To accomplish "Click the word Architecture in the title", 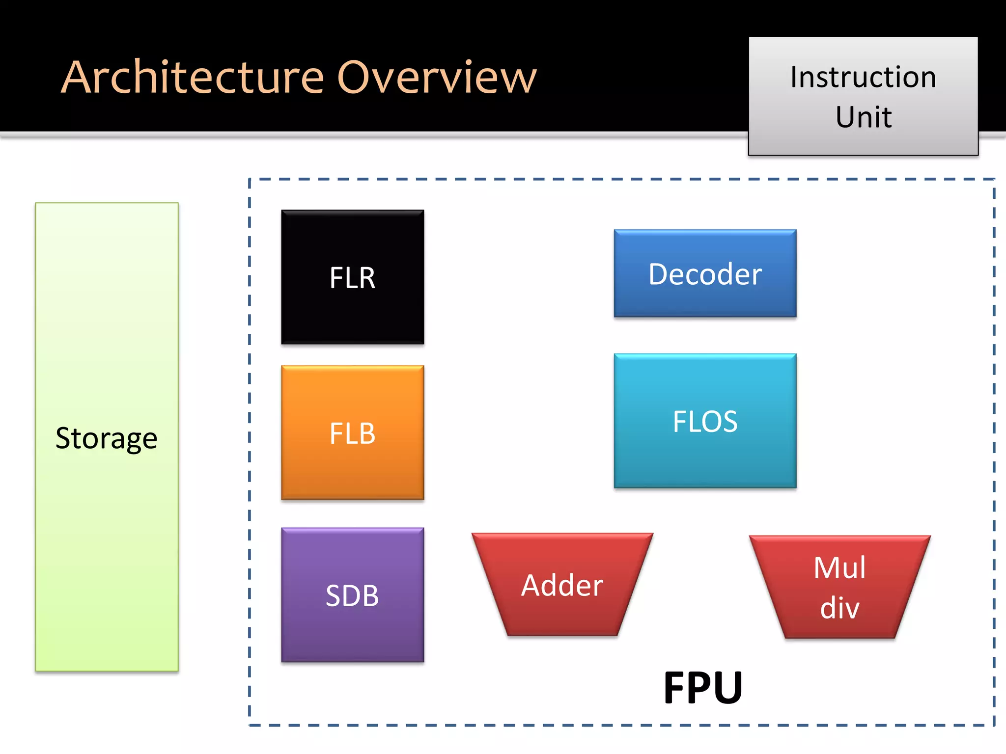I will (193, 77).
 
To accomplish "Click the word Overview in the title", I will (437, 77).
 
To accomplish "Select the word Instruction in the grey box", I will (863, 77).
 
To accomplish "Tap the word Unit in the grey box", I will (864, 117).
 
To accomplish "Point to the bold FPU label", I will (702, 688).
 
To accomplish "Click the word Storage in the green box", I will (106, 438).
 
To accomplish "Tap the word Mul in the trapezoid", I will (839, 568).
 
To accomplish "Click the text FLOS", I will (705, 421).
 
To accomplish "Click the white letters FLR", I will (352, 278).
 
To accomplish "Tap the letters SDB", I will (352, 595).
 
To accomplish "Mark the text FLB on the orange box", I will (352, 433).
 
